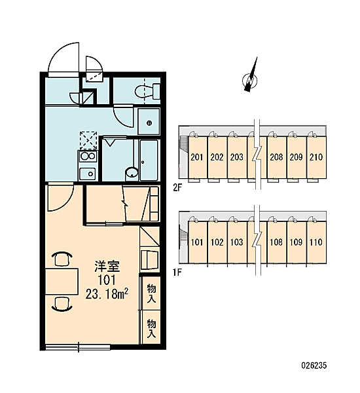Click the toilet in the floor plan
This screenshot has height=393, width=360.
147,91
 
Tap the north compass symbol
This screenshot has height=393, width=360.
251,78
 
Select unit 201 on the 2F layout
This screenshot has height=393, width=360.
197,157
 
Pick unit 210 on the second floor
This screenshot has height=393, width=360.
316,157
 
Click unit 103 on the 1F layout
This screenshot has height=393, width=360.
237,242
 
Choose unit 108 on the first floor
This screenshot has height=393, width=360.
276,242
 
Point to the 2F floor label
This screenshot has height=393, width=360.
177,188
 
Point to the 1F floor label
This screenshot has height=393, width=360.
177,272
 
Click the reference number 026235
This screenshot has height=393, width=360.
314,365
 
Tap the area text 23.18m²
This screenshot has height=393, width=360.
107,293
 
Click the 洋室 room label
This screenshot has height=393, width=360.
107,267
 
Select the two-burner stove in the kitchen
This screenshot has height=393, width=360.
88,157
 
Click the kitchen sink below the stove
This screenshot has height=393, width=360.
88,174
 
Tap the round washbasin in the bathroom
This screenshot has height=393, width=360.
132,173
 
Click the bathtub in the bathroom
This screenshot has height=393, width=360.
149,160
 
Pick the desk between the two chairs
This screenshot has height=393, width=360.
62,281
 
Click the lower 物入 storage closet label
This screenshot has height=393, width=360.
151,328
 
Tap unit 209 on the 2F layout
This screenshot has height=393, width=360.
297,157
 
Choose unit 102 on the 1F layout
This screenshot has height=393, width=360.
217,242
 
